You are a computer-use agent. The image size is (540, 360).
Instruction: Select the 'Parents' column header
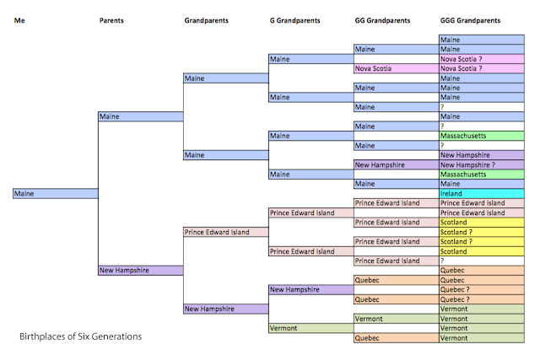[x=112, y=19]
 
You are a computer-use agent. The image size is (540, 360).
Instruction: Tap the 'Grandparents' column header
[x=208, y=19]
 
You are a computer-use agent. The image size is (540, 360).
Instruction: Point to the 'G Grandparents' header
[x=294, y=19]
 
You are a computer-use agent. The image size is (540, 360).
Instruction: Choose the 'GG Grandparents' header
[x=383, y=19]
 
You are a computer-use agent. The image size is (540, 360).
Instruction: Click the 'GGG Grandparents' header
[x=470, y=19]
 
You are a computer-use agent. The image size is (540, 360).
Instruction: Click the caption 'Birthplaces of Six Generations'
[x=81, y=336]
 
